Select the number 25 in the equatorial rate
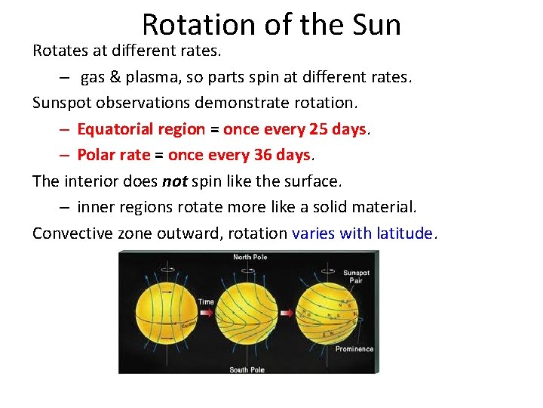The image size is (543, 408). (318, 129)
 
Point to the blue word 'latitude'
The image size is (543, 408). (397, 233)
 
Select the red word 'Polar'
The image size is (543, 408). (96, 155)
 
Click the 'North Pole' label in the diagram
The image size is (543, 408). (249, 258)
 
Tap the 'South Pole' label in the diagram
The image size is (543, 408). (247, 369)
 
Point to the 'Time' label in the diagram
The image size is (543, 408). (206, 302)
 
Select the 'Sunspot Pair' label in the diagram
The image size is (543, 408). (356, 276)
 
